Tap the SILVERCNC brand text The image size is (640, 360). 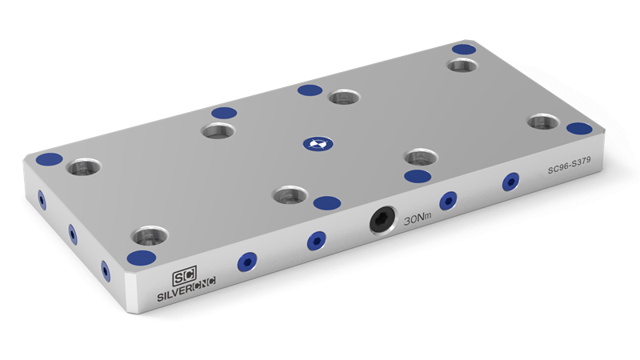coord(181,291)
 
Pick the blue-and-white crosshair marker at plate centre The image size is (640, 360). coord(315,145)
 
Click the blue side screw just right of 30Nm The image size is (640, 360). coord(448,200)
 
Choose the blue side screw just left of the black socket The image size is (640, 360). coord(318,239)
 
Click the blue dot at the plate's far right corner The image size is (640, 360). coord(579,128)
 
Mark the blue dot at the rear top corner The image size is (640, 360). coord(463,50)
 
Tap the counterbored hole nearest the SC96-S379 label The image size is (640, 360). coord(543,122)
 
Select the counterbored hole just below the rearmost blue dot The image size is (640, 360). coord(462,65)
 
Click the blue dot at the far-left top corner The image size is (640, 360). coord(50,157)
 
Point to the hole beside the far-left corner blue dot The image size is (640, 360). coord(84,169)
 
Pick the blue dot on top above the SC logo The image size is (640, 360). coord(142,257)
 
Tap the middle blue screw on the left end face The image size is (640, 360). coord(72,234)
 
